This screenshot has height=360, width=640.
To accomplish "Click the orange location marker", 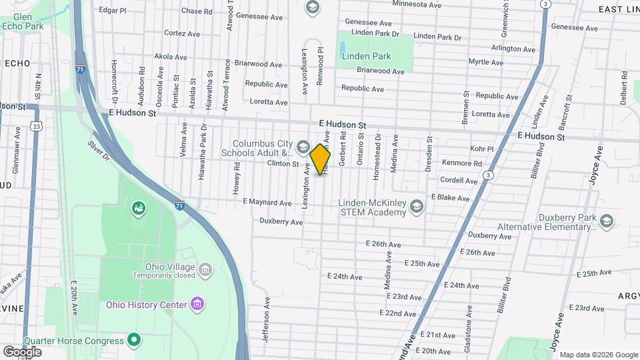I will pyautogui.click(x=321, y=159).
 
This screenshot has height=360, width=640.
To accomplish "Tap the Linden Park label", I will pyautogui.click(x=366, y=57).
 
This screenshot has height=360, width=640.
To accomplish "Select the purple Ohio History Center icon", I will pyautogui.click(x=197, y=305).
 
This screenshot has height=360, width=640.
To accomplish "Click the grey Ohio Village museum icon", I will pyautogui.click(x=205, y=269).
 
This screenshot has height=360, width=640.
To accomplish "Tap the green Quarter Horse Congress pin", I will pyautogui.click(x=134, y=341).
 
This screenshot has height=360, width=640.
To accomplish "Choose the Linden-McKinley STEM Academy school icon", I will pyautogui.click(x=417, y=205).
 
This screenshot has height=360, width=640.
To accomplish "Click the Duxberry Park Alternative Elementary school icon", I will pyautogui.click(x=606, y=220).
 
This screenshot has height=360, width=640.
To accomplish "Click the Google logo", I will pyautogui.click(x=22, y=351).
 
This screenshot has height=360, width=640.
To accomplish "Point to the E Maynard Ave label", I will pyautogui.click(x=267, y=203).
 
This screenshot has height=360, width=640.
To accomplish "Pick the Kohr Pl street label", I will pyautogui.click(x=480, y=149).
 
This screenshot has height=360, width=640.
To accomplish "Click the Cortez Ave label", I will pyautogui.click(x=182, y=33).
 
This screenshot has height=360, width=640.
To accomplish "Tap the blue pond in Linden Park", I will pyautogui.click(x=343, y=48).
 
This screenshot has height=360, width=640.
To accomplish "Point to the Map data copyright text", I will pyautogui.click(x=598, y=355).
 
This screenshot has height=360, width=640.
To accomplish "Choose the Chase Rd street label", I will pyautogui.click(x=197, y=11).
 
